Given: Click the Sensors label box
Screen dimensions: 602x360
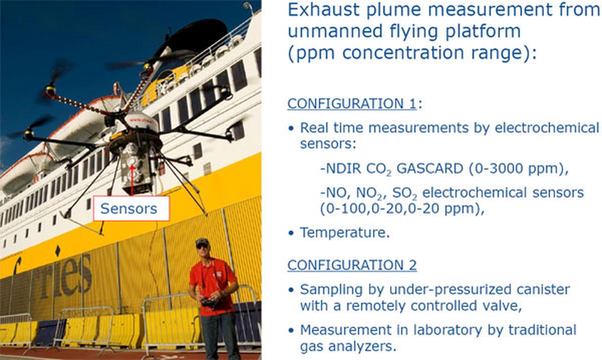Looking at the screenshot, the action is click(x=131, y=209).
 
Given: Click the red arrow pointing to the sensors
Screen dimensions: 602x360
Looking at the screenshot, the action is click(x=132, y=179).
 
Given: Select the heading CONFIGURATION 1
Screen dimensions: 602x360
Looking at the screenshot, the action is click(x=352, y=104).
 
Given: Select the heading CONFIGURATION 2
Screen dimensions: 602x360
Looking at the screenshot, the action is click(x=352, y=265).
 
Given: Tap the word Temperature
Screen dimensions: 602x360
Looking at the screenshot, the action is click(x=345, y=232).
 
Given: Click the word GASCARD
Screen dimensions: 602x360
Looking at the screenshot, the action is click(x=430, y=168).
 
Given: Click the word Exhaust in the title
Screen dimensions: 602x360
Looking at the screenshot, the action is click(x=324, y=10).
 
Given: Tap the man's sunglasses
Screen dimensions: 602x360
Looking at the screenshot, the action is click(x=202, y=246).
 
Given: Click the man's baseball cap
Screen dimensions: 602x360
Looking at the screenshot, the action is click(x=202, y=241).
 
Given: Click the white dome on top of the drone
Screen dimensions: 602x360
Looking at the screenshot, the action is click(x=141, y=121).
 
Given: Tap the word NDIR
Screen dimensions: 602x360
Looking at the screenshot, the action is click(x=341, y=168).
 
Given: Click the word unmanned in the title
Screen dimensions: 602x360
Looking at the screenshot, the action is click(x=335, y=31).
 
